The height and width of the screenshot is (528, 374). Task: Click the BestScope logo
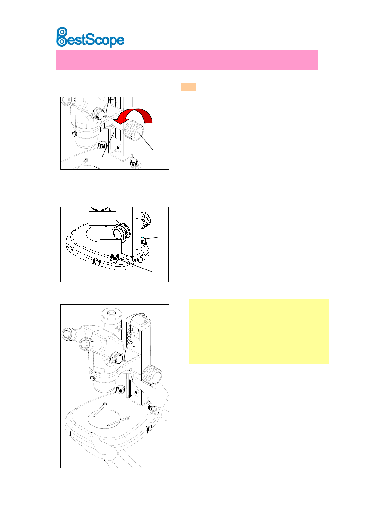pos(90,37)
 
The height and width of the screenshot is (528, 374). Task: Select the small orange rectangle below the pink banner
pos(189,87)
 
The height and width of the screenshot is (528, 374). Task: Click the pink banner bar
pos(187,60)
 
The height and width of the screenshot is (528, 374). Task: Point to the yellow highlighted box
pos(259,331)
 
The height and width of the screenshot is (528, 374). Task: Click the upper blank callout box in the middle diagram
pos(103,218)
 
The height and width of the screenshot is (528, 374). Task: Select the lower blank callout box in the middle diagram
pos(111,247)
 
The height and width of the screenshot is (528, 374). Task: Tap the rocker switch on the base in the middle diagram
pos(97,261)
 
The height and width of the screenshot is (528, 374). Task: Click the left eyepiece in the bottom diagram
pos(68,334)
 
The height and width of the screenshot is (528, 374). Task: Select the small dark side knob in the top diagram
pos(75,134)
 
